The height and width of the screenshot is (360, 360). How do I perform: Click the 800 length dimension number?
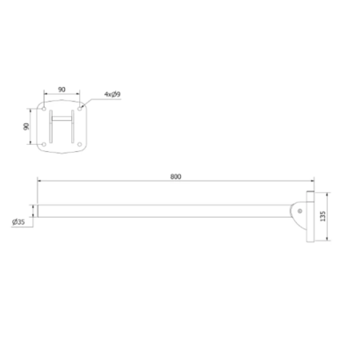[175, 177]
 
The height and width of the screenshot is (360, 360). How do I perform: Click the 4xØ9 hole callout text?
[113, 95]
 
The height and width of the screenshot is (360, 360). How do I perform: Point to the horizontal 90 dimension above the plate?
[62, 90]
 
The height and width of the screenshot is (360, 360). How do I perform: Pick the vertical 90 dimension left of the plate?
[26, 126]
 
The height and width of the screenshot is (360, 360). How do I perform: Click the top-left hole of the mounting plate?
[45, 109]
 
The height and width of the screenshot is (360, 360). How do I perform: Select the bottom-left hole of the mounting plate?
[45, 144]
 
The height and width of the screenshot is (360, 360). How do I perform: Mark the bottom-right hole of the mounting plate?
[79, 144]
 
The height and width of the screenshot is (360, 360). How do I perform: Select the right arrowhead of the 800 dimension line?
[309, 184]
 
